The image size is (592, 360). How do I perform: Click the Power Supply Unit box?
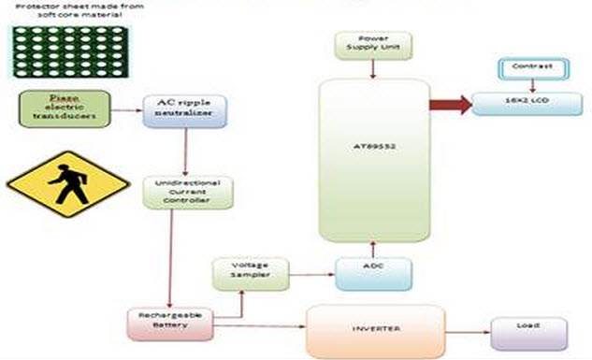pos(372,44)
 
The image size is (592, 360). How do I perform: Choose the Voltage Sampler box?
pos(248,273)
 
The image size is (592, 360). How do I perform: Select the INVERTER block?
pos(373,331)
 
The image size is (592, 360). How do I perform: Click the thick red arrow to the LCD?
pos(449,103)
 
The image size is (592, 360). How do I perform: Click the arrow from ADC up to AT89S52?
pos(372,249)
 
